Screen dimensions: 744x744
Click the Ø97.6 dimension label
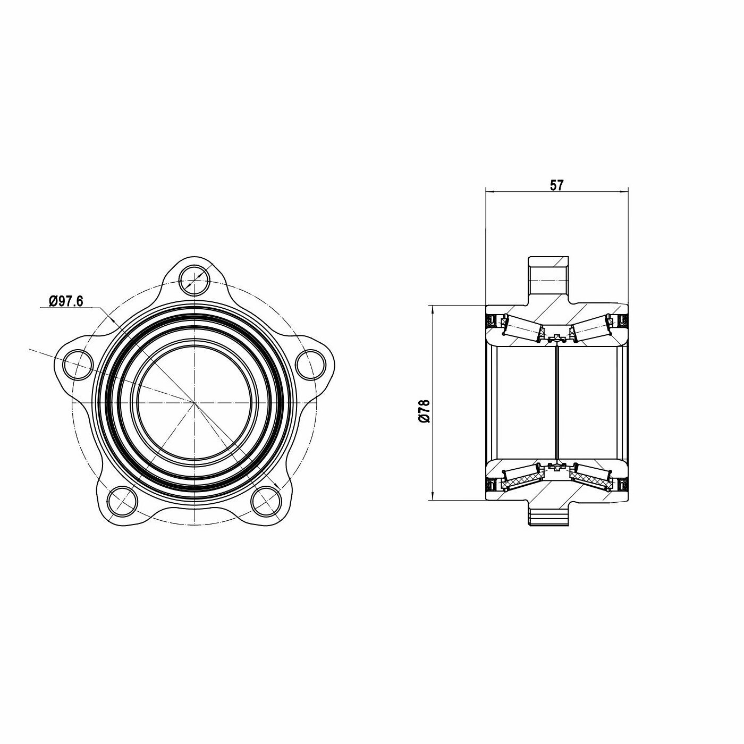click(x=66, y=301)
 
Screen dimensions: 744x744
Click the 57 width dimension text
click(x=556, y=185)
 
